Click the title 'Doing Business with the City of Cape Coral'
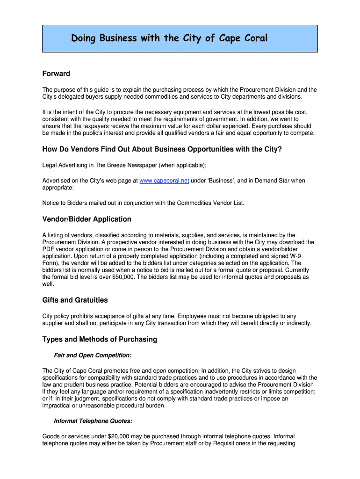(169, 38)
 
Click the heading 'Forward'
(56, 73)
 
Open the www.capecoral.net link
(164, 181)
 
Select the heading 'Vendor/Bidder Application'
(86, 219)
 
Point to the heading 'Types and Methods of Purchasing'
(100, 339)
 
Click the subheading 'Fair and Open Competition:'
(93, 355)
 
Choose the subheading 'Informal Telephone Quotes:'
(93, 421)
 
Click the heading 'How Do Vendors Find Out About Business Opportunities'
(162, 149)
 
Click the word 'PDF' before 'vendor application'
(49, 249)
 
